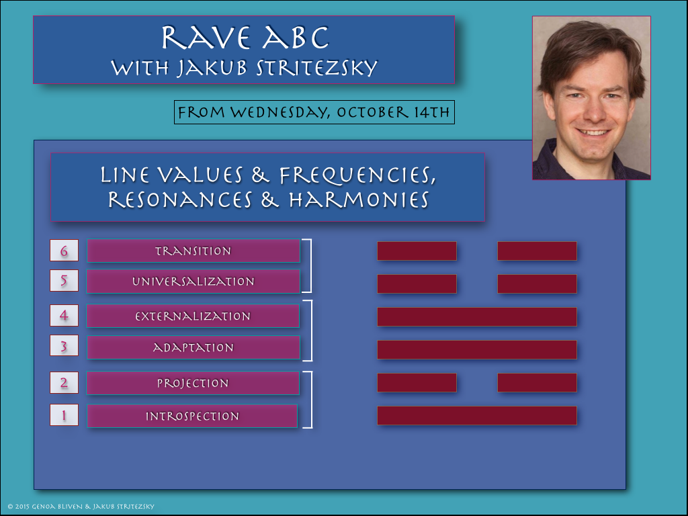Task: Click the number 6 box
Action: [x=64, y=251]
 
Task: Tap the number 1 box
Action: [x=64, y=415]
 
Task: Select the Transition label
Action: [x=193, y=251]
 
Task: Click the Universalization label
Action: [x=193, y=282]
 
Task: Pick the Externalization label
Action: [x=193, y=316]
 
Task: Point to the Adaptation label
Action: [x=193, y=347]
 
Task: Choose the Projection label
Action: [x=193, y=383]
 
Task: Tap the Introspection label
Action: [x=192, y=416]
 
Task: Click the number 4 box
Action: [x=64, y=316]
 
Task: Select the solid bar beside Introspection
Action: [x=477, y=415]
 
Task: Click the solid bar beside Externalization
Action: [x=477, y=317]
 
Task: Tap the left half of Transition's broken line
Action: [x=417, y=251]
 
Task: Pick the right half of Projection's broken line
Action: [x=537, y=382]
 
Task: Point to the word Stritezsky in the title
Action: [x=317, y=68]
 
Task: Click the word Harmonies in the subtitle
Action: [x=359, y=200]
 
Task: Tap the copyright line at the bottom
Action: [x=81, y=507]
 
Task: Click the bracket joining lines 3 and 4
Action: [x=310, y=331]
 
